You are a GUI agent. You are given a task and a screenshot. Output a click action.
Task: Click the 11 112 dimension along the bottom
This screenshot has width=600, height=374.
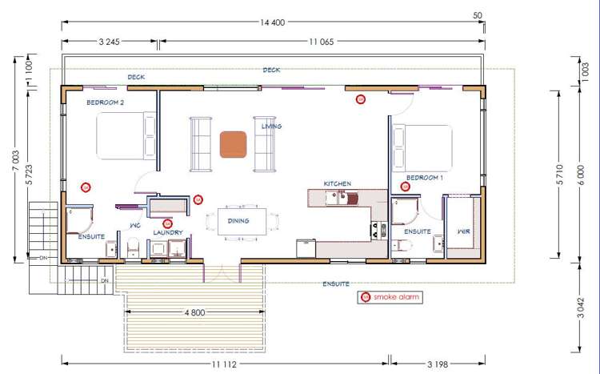coord(225,364)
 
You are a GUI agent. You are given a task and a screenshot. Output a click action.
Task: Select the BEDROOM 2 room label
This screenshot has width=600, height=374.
coord(106,103)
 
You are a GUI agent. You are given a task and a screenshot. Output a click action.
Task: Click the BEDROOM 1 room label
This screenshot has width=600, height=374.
coord(425,177)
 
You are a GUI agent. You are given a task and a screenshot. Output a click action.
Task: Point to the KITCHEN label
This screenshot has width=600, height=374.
coord(337,183)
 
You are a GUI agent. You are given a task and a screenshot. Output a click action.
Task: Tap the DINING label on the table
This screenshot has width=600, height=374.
coord(238,220)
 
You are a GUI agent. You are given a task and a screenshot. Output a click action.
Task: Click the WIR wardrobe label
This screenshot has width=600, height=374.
coord(463,231)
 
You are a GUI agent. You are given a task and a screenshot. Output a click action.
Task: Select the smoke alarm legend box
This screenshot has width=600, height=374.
coord(390,297)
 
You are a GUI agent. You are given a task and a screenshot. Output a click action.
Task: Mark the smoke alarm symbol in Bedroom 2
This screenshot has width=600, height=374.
coord(86,187)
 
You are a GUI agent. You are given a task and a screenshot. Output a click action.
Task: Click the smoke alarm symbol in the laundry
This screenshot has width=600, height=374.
coord(167,224)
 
